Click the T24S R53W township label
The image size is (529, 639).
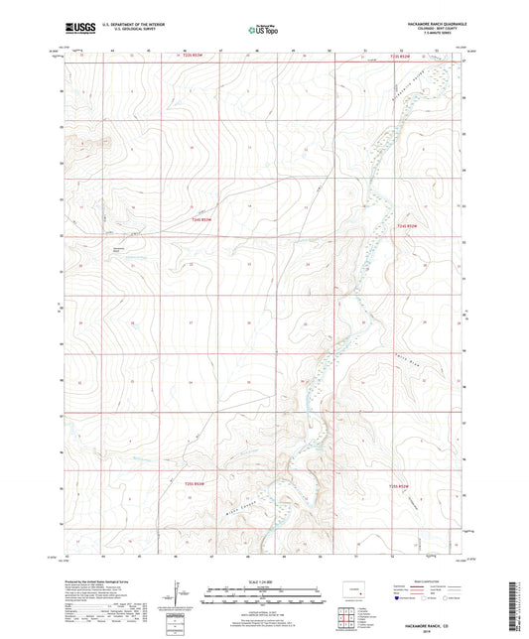(201, 219)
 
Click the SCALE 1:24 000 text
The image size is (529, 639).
(264, 580)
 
